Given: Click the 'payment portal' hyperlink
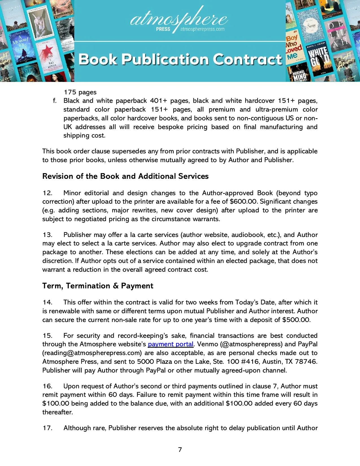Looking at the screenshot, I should click(171, 344).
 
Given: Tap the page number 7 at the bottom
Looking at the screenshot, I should click(180, 450).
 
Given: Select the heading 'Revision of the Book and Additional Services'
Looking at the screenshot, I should click(125, 176).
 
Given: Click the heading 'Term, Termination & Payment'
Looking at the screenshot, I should click(98, 286).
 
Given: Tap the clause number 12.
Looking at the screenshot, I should click(47, 193).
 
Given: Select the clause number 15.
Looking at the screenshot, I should click(47, 336).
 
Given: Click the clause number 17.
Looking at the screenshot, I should click(47, 428).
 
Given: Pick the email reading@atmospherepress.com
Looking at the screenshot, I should click(92, 353).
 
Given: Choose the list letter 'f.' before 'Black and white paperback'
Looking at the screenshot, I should click(55, 101).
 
